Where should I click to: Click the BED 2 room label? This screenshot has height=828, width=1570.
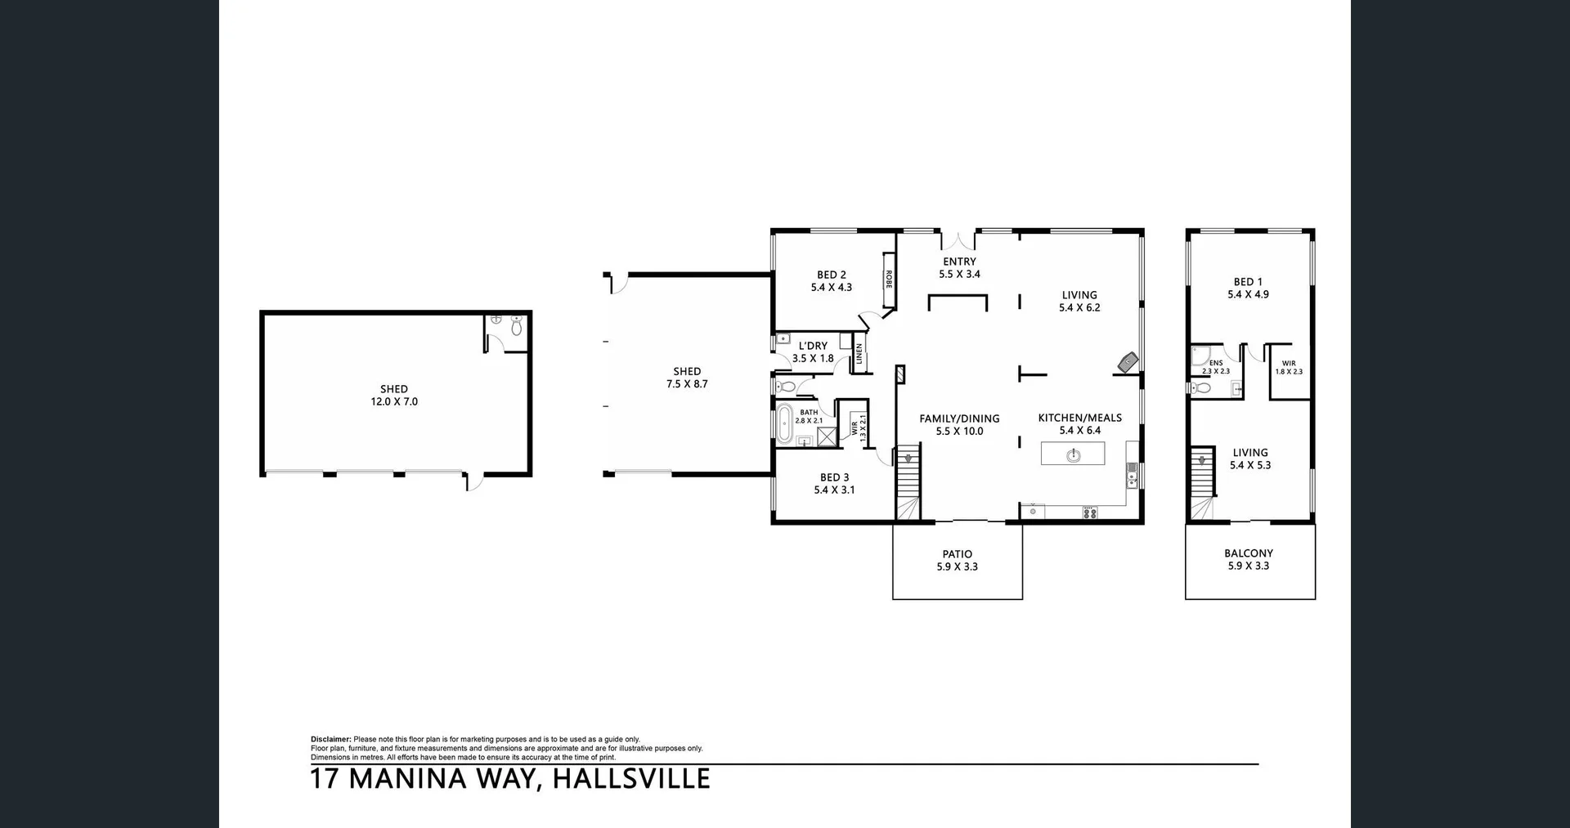(x=831, y=275)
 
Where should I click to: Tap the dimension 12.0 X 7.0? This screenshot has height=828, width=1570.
(x=394, y=402)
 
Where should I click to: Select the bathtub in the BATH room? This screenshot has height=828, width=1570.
(x=785, y=423)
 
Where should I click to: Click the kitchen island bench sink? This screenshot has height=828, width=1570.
(x=1073, y=454)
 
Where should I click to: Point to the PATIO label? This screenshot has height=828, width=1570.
(x=957, y=554)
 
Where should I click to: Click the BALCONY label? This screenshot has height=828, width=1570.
(x=1249, y=553)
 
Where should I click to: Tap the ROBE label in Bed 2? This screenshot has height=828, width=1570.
(x=888, y=279)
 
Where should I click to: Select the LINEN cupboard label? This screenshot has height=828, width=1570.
(x=859, y=354)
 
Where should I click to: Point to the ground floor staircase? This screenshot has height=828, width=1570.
(x=908, y=482)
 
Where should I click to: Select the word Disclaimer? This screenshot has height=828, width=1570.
(x=330, y=739)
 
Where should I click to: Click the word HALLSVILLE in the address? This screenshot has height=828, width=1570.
(x=631, y=779)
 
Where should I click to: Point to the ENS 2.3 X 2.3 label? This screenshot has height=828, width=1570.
(x=1215, y=367)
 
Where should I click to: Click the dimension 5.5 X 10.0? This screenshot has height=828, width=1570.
(x=959, y=432)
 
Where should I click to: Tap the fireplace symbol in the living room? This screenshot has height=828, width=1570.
(x=1129, y=362)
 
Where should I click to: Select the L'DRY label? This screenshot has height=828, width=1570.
(x=813, y=346)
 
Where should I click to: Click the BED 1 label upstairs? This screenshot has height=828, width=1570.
(x=1248, y=282)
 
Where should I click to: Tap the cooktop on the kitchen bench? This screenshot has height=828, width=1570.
(x=1089, y=512)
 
